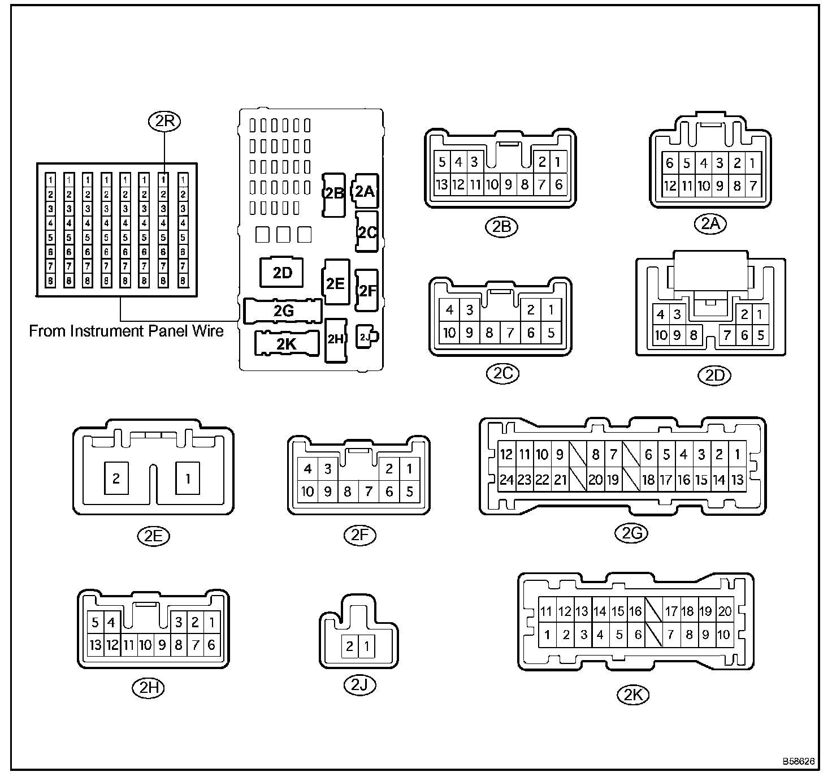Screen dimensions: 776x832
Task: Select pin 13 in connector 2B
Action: pyautogui.click(x=443, y=184)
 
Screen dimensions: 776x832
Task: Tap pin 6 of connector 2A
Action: pyautogui.click(x=670, y=163)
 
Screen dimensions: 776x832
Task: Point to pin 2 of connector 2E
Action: pyautogui.click(x=116, y=478)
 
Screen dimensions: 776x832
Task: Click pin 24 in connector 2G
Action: pyautogui.click(x=506, y=480)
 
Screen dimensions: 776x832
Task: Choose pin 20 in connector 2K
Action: pyautogui.click(x=725, y=611)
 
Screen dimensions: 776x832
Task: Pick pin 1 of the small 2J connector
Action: pyautogui.click(x=367, y=645)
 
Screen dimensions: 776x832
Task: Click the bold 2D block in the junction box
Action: pyautogui.click(x=282, y=273)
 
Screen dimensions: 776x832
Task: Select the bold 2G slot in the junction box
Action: pyautogui.click(x=283, y=311)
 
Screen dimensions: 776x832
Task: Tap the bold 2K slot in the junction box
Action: pyautogui.click(x=286, y=343)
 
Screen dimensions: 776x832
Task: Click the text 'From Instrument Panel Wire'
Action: pyautogui.click(x=126, y=331)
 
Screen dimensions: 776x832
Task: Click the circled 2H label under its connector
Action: pyautogui.click(x=148, y=688)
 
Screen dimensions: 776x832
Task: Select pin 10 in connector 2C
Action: pyautogui.click(x=449, y=333)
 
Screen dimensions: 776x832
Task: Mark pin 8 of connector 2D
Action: pyautogui.click(x=694, y=335)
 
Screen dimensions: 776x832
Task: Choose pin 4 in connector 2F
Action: pyautogui.click(x=307, y=468)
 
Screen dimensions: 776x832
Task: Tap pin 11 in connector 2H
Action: pyautogui.click(x=129, y=644)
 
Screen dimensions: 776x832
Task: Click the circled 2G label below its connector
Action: pyautogui.click(x=632, y=532)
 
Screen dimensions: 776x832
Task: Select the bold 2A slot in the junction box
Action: pyautogui.click(x=365, y=191)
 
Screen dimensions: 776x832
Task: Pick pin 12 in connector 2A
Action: pyautogui.click(x=670, y=185)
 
